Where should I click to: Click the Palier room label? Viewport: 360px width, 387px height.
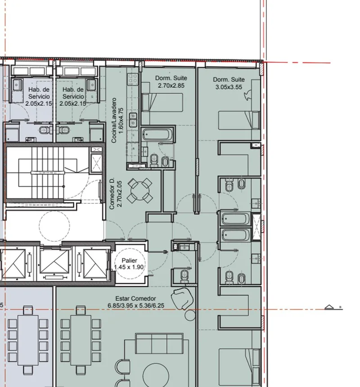click(129, 261)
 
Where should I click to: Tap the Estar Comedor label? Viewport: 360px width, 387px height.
click(135, 298)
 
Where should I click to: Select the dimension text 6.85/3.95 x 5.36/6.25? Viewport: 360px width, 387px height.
click(136, 306)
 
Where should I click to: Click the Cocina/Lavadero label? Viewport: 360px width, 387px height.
click(114, 121)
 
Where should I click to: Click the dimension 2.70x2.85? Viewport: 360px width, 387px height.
click(171, 85)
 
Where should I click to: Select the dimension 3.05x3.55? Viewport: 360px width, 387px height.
click(229, 87)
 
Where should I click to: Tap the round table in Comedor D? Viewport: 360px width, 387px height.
click(140, 190)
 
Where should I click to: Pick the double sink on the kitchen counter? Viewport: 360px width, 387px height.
click(133, 119)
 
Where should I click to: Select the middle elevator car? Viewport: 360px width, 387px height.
click(54, 261)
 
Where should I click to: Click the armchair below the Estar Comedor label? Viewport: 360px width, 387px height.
click(183, 298)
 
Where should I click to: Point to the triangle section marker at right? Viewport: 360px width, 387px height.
click(329, 307)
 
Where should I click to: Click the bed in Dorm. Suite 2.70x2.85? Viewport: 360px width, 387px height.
click(162, 103)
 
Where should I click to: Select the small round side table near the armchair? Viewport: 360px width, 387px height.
click(190, 315)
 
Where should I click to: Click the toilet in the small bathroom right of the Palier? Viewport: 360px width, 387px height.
click(184, 276)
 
